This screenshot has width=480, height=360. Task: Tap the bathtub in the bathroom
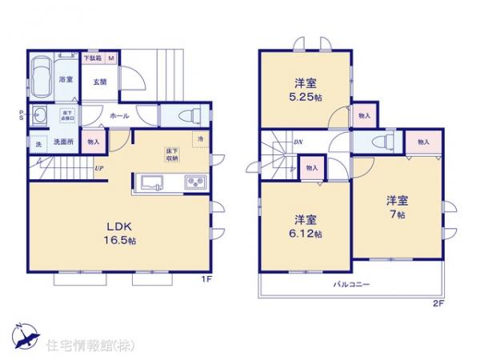[x=42, y=77]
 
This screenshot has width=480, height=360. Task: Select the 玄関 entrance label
[x=98, y=81]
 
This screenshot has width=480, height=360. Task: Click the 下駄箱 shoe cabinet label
[x=93, y=58]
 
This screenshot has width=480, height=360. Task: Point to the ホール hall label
[x=119, y=115]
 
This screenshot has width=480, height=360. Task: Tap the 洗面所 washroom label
[x=62, y=142]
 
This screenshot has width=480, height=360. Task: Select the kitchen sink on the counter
[x=151, y=182]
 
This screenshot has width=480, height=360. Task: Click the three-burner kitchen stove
[x=195, y=182]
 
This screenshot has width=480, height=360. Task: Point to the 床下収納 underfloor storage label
[x=172, y=154]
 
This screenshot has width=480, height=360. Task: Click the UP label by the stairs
[x=98, y=168]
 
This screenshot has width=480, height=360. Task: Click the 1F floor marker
[x=205, y=279]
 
